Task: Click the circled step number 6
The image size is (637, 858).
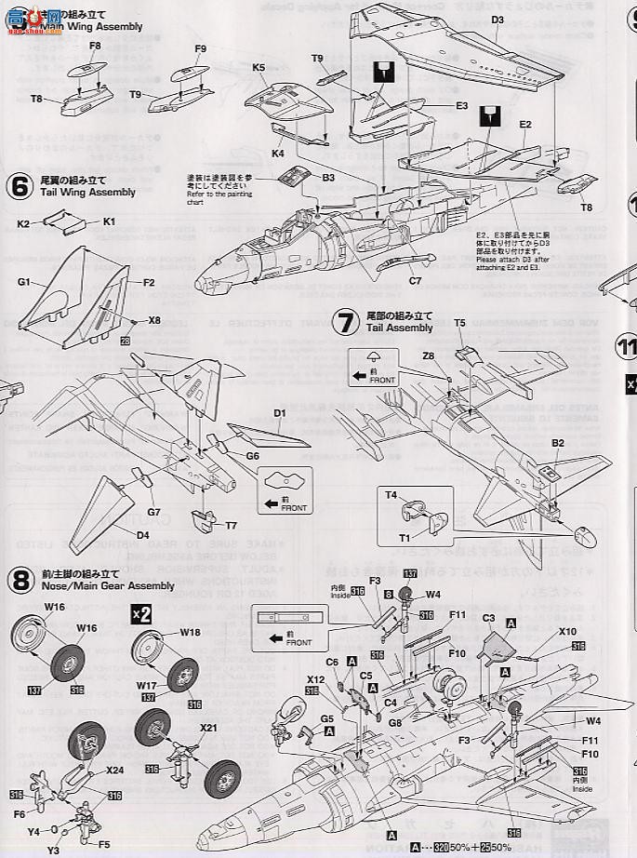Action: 20,185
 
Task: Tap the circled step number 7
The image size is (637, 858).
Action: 346,322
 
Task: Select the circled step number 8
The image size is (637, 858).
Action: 20,580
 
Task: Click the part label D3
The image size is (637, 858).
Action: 498,20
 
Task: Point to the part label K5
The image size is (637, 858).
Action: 259,68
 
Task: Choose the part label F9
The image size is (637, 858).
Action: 201,48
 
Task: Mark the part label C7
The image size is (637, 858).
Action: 415,280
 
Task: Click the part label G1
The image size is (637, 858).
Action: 25,281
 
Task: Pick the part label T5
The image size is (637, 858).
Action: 459,322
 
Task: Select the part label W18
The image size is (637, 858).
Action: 190,632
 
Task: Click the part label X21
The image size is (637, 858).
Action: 208,728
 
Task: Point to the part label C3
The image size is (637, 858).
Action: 488,617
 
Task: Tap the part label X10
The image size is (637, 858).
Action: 568,631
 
